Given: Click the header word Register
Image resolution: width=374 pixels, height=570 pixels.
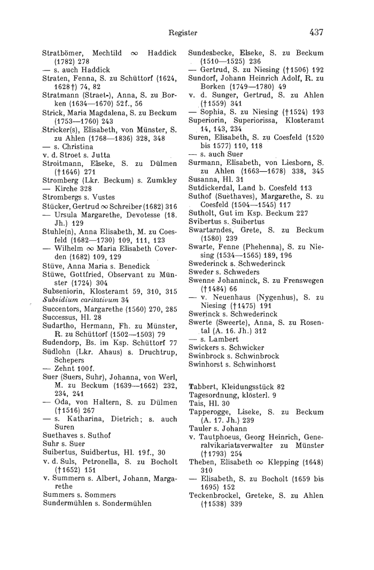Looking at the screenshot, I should [x=183, y=33].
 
